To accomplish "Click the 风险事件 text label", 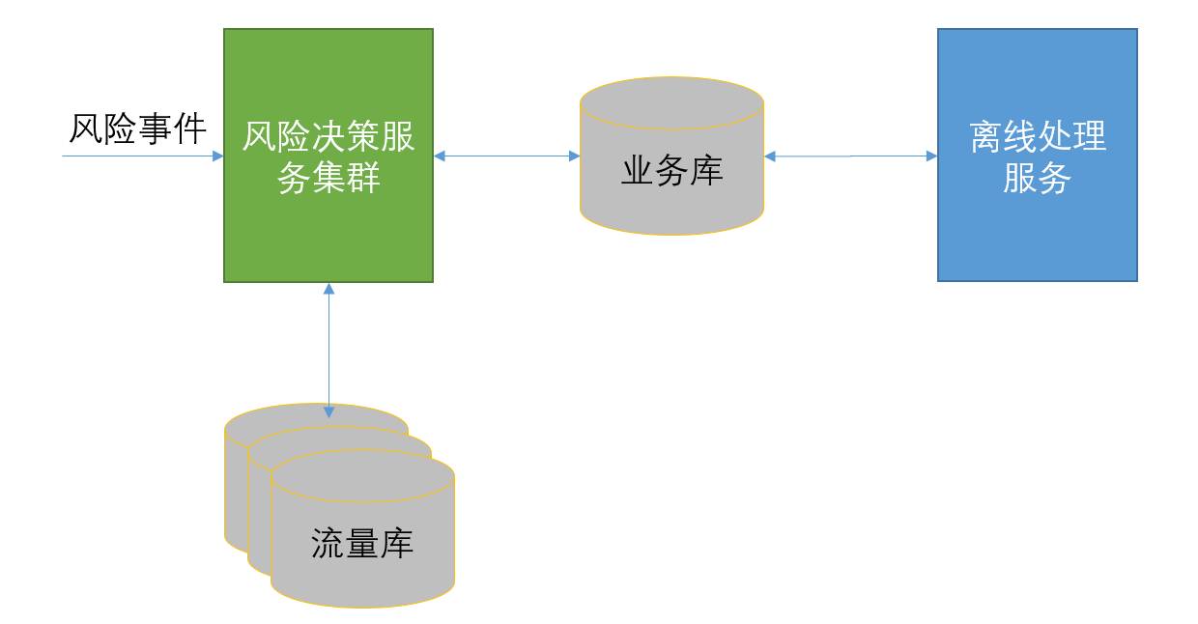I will coord(137,128).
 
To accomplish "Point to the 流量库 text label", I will coord(362,544).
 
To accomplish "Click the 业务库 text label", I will coord(671,172).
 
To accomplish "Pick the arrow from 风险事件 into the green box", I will coord(145,156).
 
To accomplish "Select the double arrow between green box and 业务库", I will coord(506,156).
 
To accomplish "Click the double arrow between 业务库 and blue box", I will coord(850,156).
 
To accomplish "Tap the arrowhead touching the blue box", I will coord(931,156).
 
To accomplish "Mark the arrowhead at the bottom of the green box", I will coord(328,289).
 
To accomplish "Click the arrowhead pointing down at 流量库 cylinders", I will coord(328,411).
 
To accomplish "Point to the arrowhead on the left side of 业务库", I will coord(574,156).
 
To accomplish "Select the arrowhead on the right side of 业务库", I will coord(770,156).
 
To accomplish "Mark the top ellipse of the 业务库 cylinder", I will coord(671,101).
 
